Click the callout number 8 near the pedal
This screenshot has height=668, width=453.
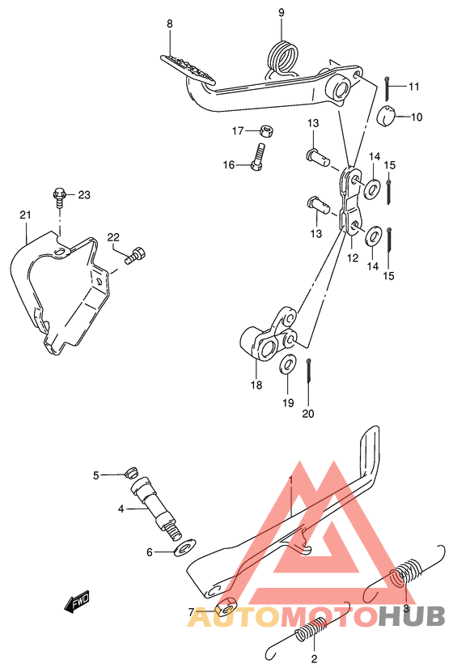pos(169,24)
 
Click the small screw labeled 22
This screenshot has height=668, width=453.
pos(136,255)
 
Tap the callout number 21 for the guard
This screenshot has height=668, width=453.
pos(25,215)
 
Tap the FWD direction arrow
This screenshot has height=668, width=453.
pos(78,602)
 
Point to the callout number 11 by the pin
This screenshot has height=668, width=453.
pos(414,87)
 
